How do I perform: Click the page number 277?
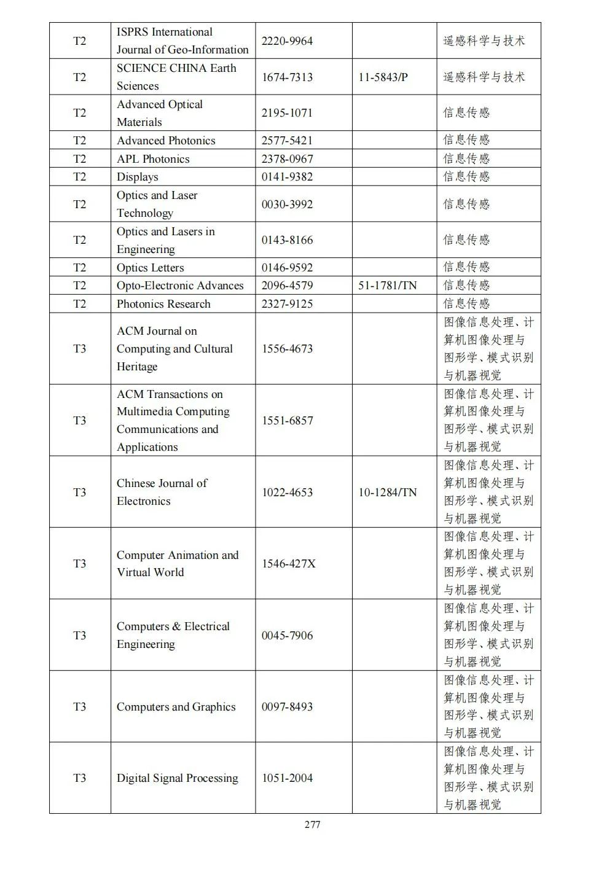tap(312, 824)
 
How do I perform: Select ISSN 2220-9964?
tap(287, 41)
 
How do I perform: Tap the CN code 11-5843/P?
tap(383, 77)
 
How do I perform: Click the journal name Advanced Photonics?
tap(166, 141)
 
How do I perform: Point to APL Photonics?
tap(153, 159)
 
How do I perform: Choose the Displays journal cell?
tap(138, 177)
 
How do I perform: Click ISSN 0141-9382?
tap(287, 177)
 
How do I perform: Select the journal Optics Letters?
tap(150, 268)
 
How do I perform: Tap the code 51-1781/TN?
tap(387, 286)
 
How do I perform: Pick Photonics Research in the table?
tap(163, 304)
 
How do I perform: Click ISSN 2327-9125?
tap(287, 304)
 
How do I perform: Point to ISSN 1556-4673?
tap(287, 349)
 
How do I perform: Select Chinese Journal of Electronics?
tap(162, 492)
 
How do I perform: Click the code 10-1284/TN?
tap(387, 493)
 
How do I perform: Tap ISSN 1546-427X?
tap(288, 564)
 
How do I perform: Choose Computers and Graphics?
tap(176, 707)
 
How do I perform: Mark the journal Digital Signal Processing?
tap(177, 778)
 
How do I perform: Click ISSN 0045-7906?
tap(287, 636)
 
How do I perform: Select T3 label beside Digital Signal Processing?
tap(80, 778)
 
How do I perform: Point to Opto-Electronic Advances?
tap(180, 286)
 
